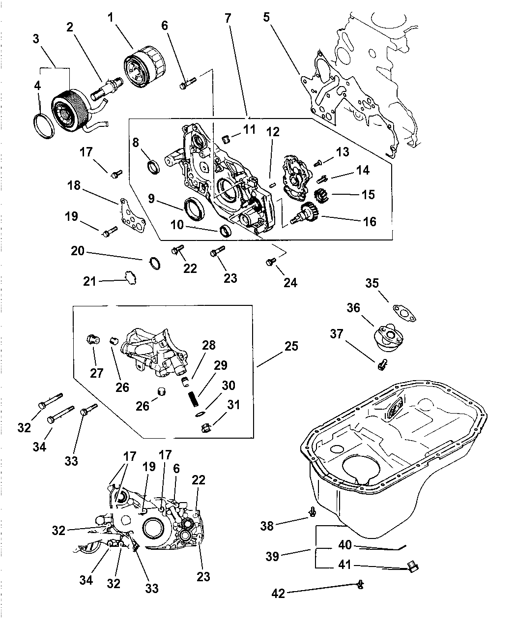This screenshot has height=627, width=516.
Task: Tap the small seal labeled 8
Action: pyautogui.click(x=153, y=167)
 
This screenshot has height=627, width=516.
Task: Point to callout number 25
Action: pyautogui.click(x=291, y=346)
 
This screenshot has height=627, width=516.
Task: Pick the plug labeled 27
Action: pyautogui.click(x=92, y=339)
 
